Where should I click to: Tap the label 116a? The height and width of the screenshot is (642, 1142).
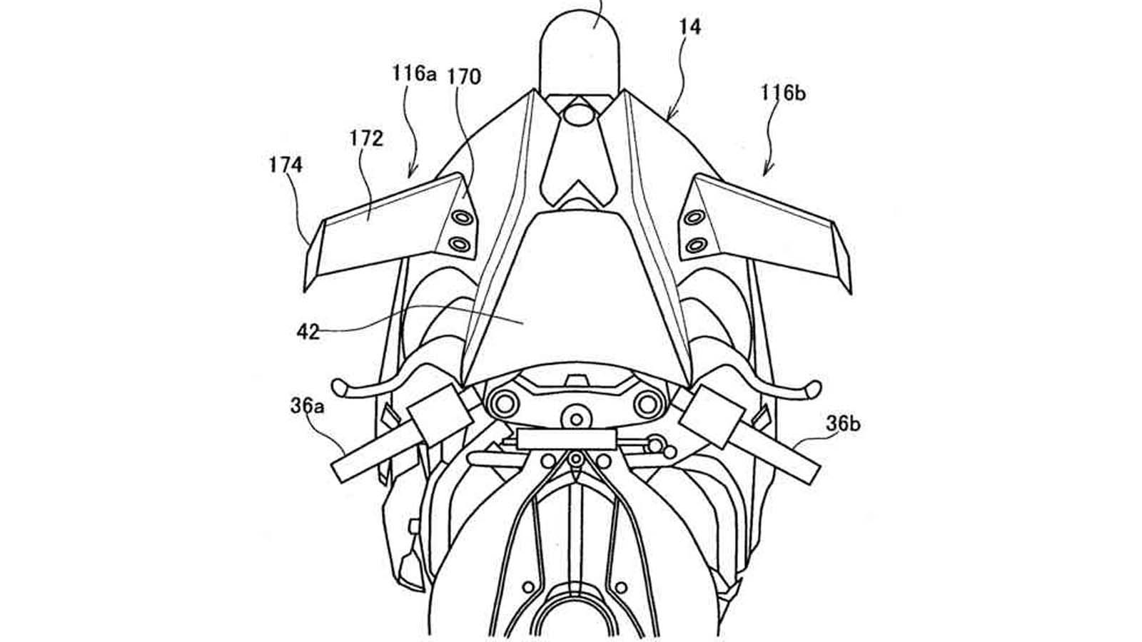413,73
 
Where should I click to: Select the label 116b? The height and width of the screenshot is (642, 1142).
783,92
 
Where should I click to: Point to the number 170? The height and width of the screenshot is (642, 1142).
465,76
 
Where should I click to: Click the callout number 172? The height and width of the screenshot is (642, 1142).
367,138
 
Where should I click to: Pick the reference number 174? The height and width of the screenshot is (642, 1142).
285,165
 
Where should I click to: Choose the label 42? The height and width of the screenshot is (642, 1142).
308,332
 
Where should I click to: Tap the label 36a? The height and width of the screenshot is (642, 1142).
308,406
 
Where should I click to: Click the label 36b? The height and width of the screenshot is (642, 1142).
843,424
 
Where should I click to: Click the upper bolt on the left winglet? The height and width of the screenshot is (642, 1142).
462,217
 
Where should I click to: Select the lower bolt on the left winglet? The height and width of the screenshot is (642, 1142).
460,245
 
